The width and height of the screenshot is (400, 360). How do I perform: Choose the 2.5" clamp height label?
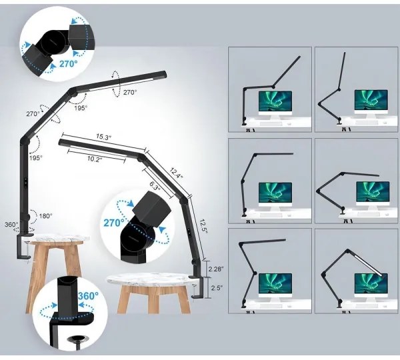pos(215,287)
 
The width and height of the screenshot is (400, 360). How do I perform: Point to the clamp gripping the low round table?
pos(199,284)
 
